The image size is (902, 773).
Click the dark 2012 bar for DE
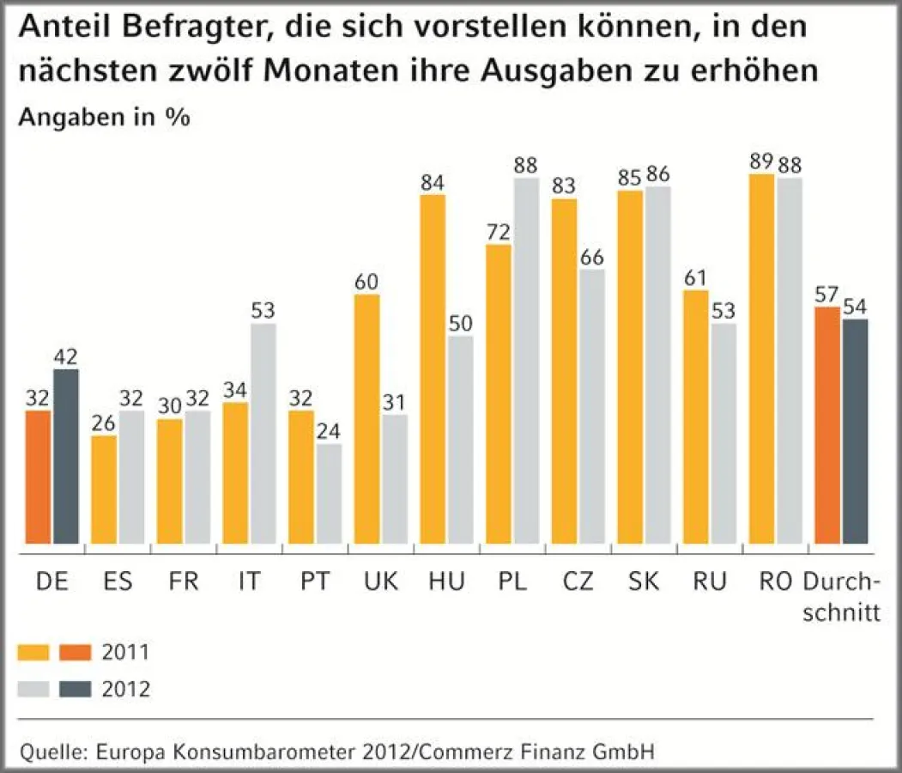[65, 456]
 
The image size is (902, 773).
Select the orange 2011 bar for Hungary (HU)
[433, 369]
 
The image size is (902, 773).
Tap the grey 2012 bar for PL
[525, 361]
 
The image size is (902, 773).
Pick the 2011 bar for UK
[367, 419]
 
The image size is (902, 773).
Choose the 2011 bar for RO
[762, 359]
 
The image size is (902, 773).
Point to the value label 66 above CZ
[591, 257]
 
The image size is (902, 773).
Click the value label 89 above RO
[762, 161]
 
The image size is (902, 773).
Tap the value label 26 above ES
[104, 423]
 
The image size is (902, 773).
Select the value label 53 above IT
[263, 311]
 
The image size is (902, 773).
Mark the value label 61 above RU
[695, 277]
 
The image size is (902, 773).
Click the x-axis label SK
[644, 581]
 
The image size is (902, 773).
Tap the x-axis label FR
[183, 581]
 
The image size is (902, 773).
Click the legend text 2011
[125, 652]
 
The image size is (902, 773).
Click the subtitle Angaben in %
[104, 118]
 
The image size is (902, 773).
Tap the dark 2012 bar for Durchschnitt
[855, 431]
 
